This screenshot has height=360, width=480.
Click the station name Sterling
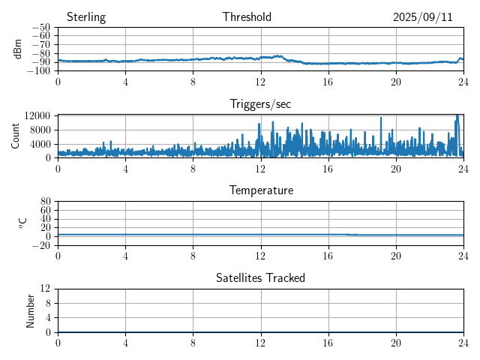86,17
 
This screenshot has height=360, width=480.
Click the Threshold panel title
247,17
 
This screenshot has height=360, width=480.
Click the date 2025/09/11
423,17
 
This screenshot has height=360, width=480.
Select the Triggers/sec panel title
260,104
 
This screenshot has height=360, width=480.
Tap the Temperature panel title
261,190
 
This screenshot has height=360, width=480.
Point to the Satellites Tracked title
260,277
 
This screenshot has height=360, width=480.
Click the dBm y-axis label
18,49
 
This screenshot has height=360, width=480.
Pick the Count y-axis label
15,136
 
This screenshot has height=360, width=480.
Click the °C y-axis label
22,223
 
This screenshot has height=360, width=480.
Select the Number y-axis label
31,310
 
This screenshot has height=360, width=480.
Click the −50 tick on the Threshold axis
40,28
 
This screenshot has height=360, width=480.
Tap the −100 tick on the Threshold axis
38,70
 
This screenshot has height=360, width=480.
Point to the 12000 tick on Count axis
37,115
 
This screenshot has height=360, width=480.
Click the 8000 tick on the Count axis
40,129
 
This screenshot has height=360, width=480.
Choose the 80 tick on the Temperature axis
45,202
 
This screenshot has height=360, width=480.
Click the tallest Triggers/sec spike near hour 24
457,116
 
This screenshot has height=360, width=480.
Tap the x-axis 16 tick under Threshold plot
328,82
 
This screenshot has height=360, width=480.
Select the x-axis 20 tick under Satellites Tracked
396,343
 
